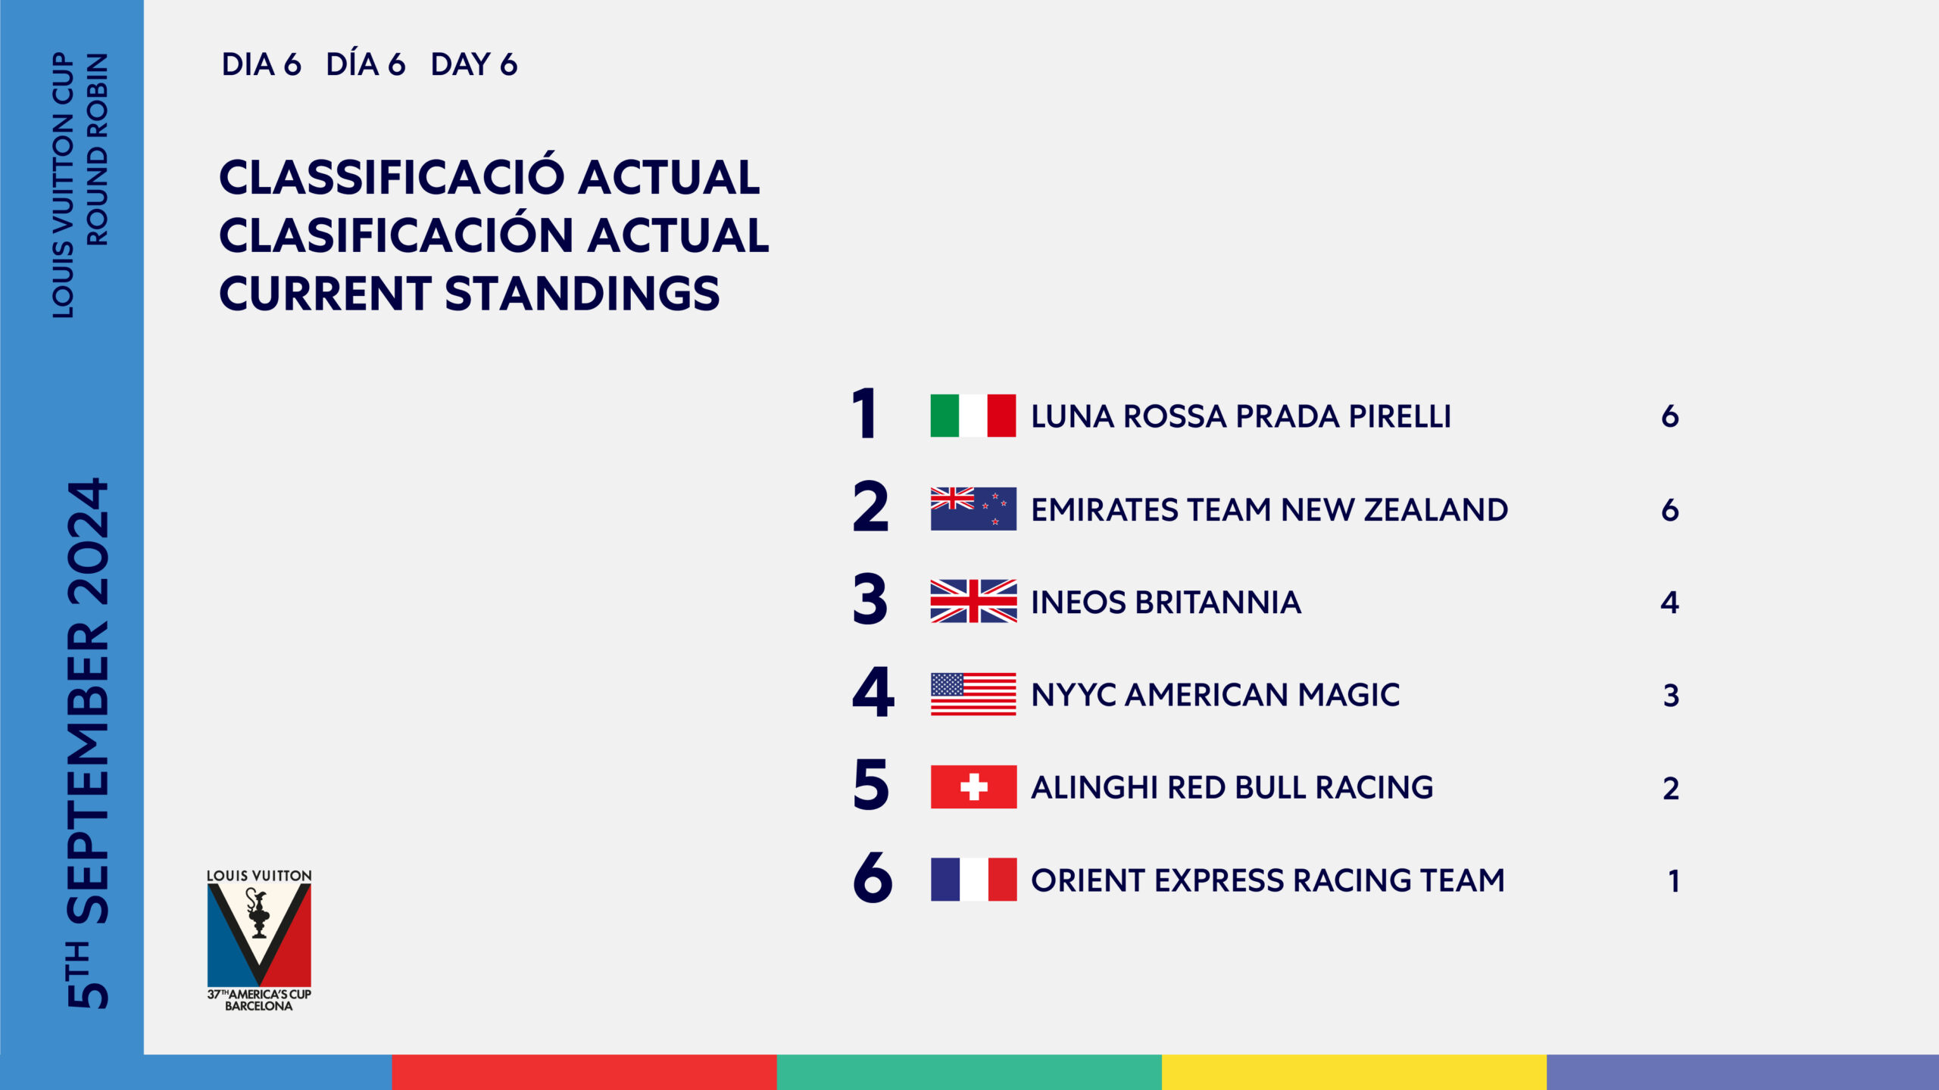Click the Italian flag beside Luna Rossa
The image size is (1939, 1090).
pyautogui.click(x=973, y=416)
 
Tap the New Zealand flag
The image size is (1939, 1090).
pyautogui.click(x=973, y=509)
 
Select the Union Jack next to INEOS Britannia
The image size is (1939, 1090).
pyautogui.click(x=973, y=601)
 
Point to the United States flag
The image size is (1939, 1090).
pyautogui.click(x=973, y=694)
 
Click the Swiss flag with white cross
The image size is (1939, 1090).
pyautogui.click(x=973, y=787)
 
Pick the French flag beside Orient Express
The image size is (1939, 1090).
pyautogui.click(x=973, y=880)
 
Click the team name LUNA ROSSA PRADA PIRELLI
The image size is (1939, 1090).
pyautogui.click(x=1241, y=416)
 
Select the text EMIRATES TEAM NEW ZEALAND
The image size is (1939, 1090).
pyautogui.click(x=1269, y=509)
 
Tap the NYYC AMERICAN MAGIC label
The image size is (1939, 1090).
pyautogui.click(x=1215, y=695)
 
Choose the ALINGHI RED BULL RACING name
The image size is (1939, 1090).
pyautogui.click(x=1232, y=788)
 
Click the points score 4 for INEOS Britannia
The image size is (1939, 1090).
pyautogui.click(x=1669, y=603)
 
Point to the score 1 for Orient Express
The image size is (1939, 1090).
pyautogui.click(x=1673, y=881)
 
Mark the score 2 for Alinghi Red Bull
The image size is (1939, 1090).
pyautogui.click(x=1671, y=789)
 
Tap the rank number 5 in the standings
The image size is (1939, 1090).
pyautogui.click(x=870, y=785)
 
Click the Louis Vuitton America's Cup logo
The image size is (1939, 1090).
pyautogui.click(x=259, y=940)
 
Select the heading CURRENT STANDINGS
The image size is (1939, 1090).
pyautogui.click(x=469, y=294)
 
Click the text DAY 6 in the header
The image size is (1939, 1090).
pyautogui.click(x=473, y=65)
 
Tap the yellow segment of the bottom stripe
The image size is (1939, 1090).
pyautogui.click(x=1354, y=1072)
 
